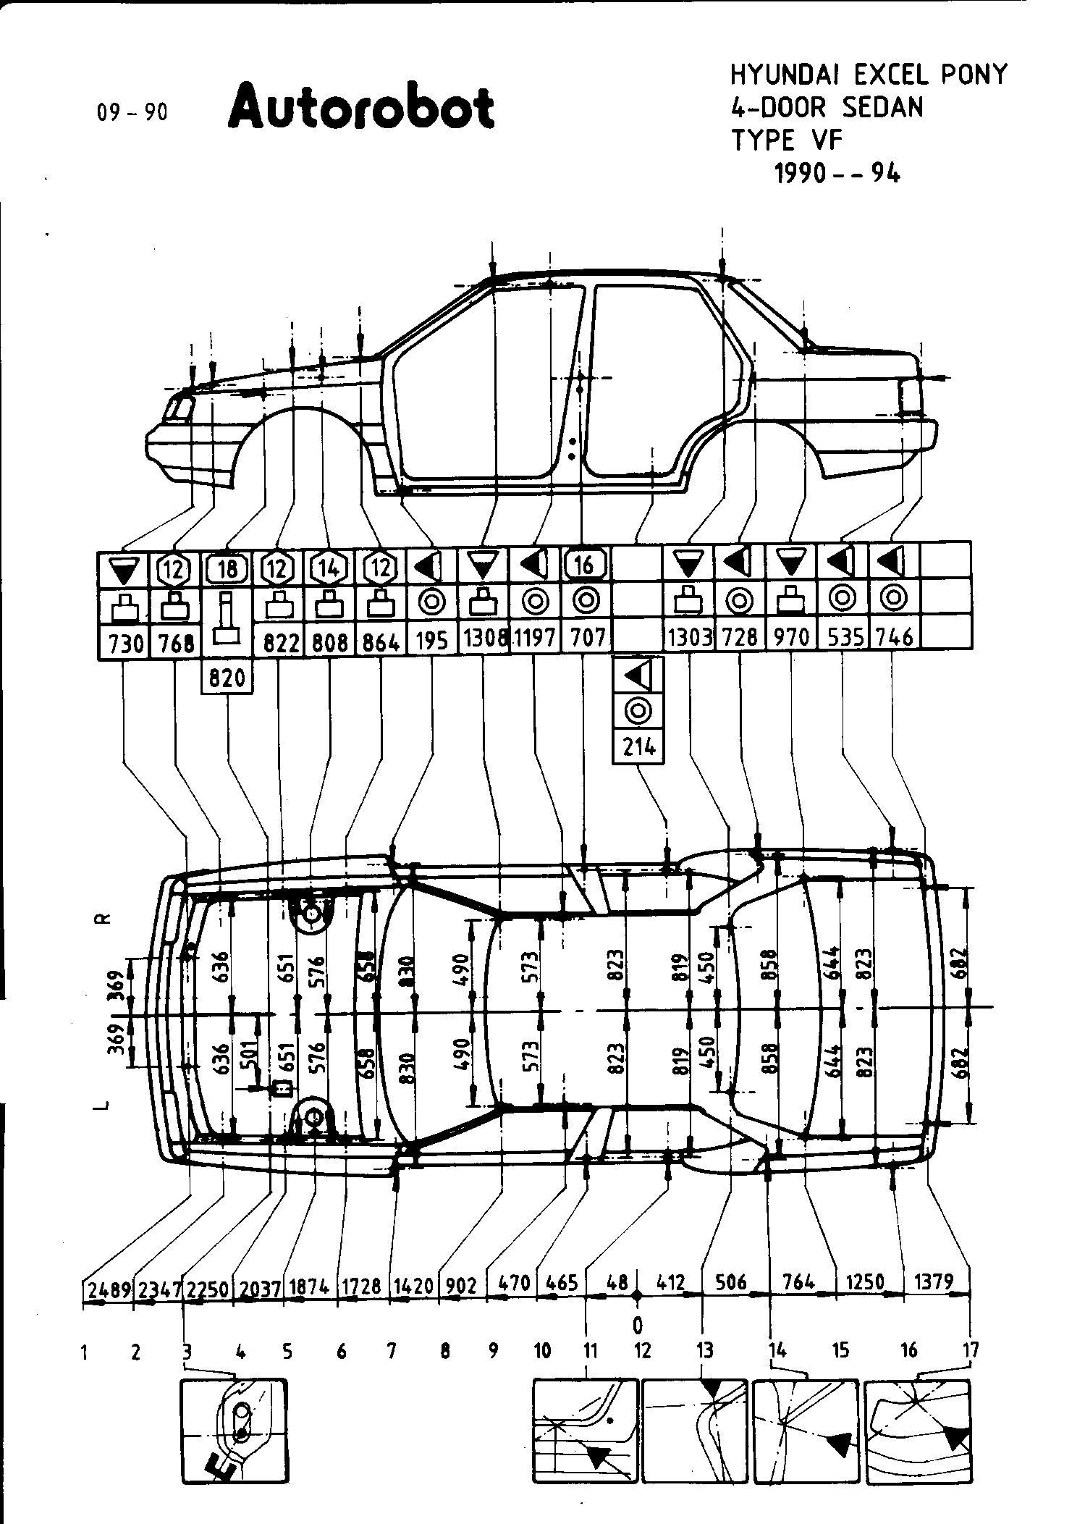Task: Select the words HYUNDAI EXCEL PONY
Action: point(868,75)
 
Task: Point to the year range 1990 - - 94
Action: point(837,174)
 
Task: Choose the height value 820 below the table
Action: point(227,678)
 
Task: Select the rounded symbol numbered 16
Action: point(586,565)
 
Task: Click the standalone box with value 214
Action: point(639,746)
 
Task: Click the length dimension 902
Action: point(460,1286)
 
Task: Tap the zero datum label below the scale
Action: point(637,1325)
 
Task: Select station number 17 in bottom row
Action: point(971,1350)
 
